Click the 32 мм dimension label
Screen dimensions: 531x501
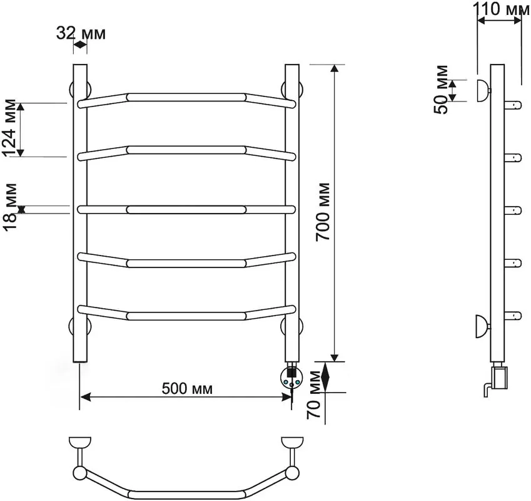(x=81, y=33)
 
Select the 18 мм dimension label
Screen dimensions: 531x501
(x=9, y=207)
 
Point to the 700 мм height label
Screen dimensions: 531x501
(x=322, y=212)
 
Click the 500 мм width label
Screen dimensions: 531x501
(x=187, y=388)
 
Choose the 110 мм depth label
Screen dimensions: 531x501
(x=501, y=9)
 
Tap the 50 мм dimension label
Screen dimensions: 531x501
(x=442, y=90)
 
